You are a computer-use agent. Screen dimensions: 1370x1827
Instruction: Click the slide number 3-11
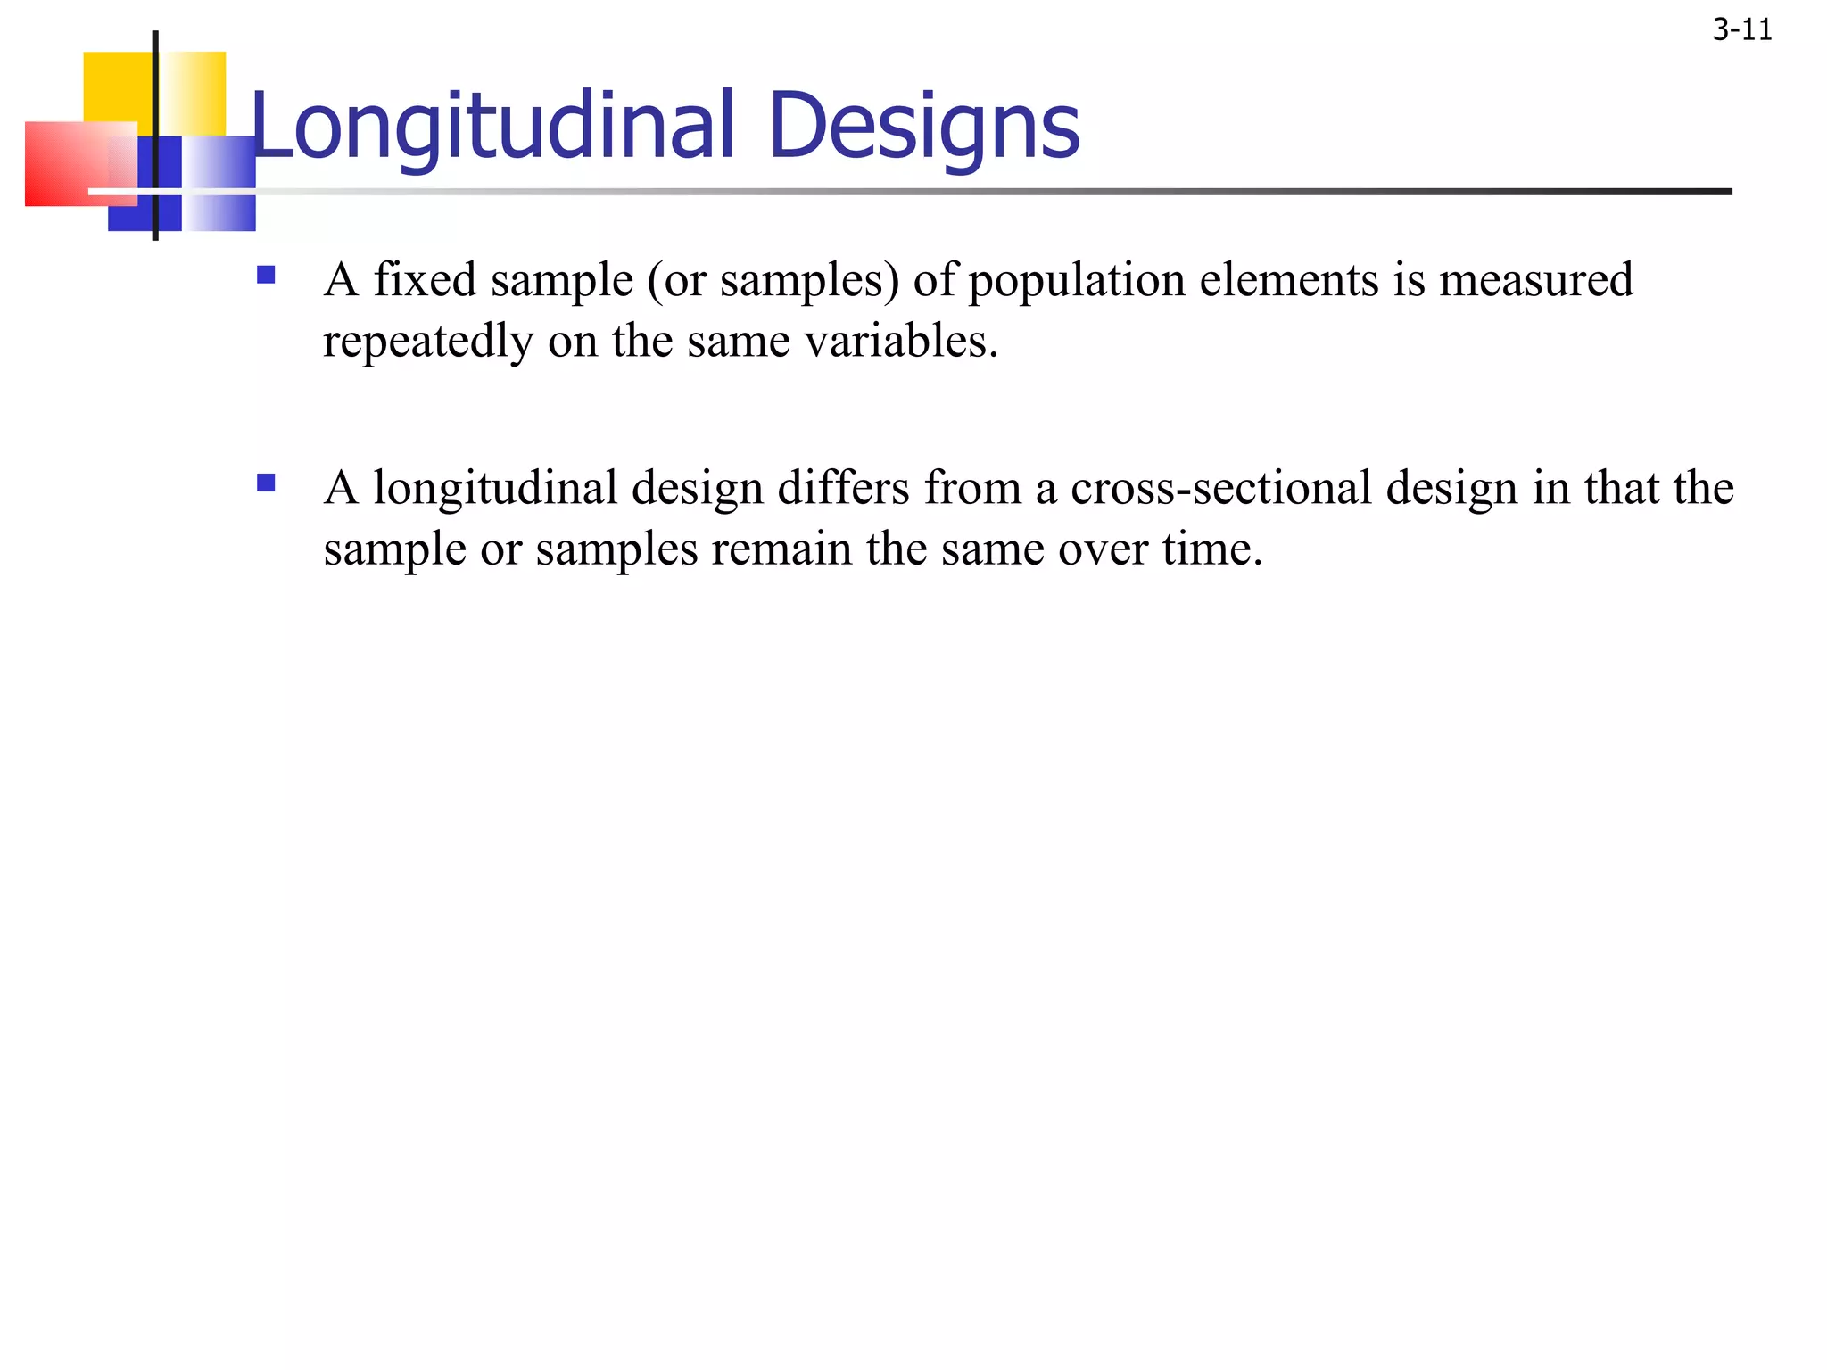click(1741, 31)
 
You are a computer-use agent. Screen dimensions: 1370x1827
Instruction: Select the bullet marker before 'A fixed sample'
click(266, 274)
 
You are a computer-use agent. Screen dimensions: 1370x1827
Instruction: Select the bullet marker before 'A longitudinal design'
click(266, 483)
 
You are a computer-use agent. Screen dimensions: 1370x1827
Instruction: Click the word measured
click(1536, 279)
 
